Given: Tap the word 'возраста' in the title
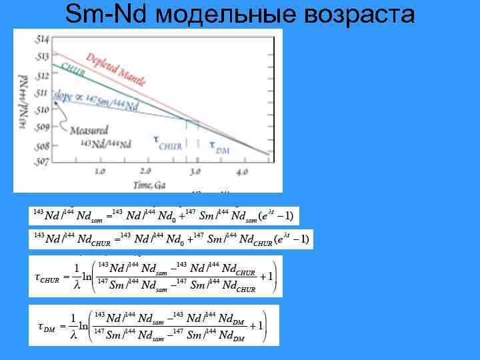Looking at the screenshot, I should (359, 15).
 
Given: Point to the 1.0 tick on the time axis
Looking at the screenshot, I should (99, 171).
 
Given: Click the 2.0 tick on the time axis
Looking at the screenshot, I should (147, 171).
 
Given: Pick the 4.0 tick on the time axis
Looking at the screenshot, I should (241, 171).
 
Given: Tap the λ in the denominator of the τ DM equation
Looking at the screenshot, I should (74, 337).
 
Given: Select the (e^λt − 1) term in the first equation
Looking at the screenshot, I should (275, 216).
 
